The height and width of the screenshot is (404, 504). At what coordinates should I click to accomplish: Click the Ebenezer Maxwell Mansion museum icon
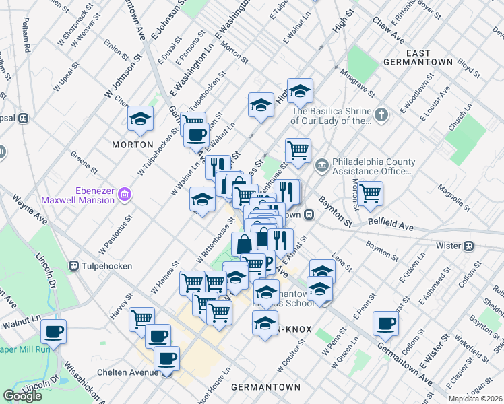click(x=124, y=195)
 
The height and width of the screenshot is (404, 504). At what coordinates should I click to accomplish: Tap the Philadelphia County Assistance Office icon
click(x=321, y=164)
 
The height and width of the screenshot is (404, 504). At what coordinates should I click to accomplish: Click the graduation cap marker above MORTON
click(x=141, y=119)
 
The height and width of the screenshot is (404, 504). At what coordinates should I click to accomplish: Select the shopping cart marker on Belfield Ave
click(x=370, y=193)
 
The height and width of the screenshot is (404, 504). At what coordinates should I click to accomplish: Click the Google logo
click(x=22, y=396)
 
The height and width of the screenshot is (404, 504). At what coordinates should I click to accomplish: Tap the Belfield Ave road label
click(x=391, y=224)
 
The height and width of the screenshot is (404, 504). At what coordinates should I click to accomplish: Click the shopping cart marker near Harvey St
click(x=141, y=318)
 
